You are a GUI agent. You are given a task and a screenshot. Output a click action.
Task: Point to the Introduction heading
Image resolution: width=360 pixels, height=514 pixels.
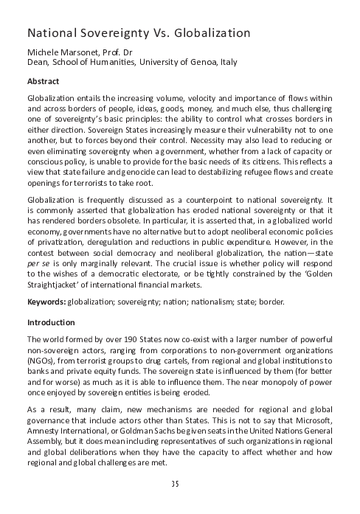click(x=52, y=322)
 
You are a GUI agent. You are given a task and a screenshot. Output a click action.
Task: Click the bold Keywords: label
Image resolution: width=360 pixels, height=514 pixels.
click(x=46, y=302)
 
